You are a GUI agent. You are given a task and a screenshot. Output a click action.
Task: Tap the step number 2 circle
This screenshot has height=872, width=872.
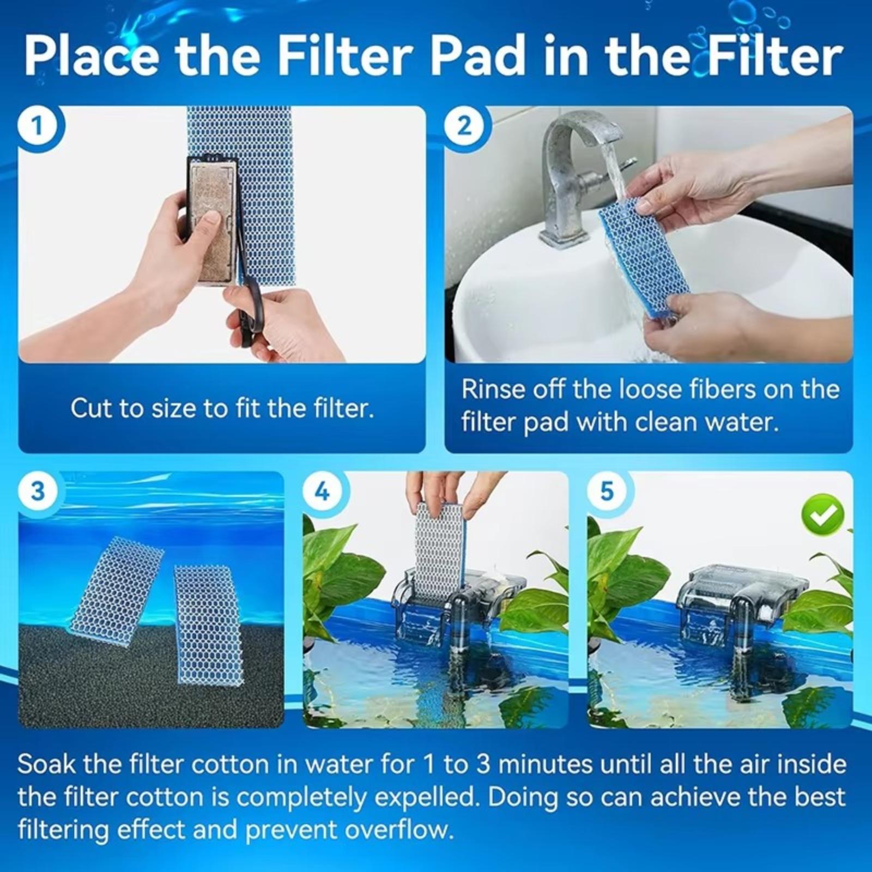pos(464,126)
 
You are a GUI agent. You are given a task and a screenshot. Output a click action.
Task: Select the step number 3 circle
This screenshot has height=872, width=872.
pos(37,491)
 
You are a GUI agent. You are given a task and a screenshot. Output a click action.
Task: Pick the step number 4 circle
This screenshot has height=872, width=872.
pos(322,491)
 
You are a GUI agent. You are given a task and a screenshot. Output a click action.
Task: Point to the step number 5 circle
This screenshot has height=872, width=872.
pos(607,491)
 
